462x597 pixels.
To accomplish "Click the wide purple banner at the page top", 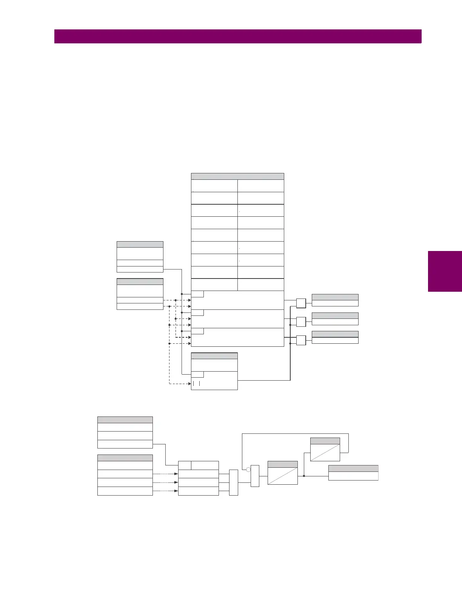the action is pos(238,37).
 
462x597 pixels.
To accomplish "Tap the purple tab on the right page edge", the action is pos(445,271).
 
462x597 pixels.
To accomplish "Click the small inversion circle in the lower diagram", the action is pos(248,470).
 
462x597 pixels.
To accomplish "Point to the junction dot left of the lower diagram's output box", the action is pos(304,476).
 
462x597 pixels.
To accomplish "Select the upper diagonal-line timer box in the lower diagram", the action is pos(325,450).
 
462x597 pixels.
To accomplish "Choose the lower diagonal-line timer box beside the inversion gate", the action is pos(283,473).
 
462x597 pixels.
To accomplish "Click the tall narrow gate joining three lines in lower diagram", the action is pos(234,482).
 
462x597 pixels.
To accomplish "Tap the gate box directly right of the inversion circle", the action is pos(255,476).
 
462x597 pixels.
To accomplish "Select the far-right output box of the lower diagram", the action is pos(353,473).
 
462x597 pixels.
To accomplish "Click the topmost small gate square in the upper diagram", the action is pos(301,303).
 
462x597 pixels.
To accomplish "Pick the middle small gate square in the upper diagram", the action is pos(301,322).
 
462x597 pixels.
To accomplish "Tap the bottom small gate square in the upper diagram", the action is pos(301,340).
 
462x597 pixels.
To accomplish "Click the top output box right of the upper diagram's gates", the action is pos(335,300).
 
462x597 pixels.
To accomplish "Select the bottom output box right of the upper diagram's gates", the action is pos(335,337).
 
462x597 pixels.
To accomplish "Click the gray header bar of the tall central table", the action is pos(237,176).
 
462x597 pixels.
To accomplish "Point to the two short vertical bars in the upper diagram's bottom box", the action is pos(196,384).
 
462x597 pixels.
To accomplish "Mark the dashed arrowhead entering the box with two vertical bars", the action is pos(189,384).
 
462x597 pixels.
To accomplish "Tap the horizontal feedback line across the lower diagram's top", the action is pos(294,434).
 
